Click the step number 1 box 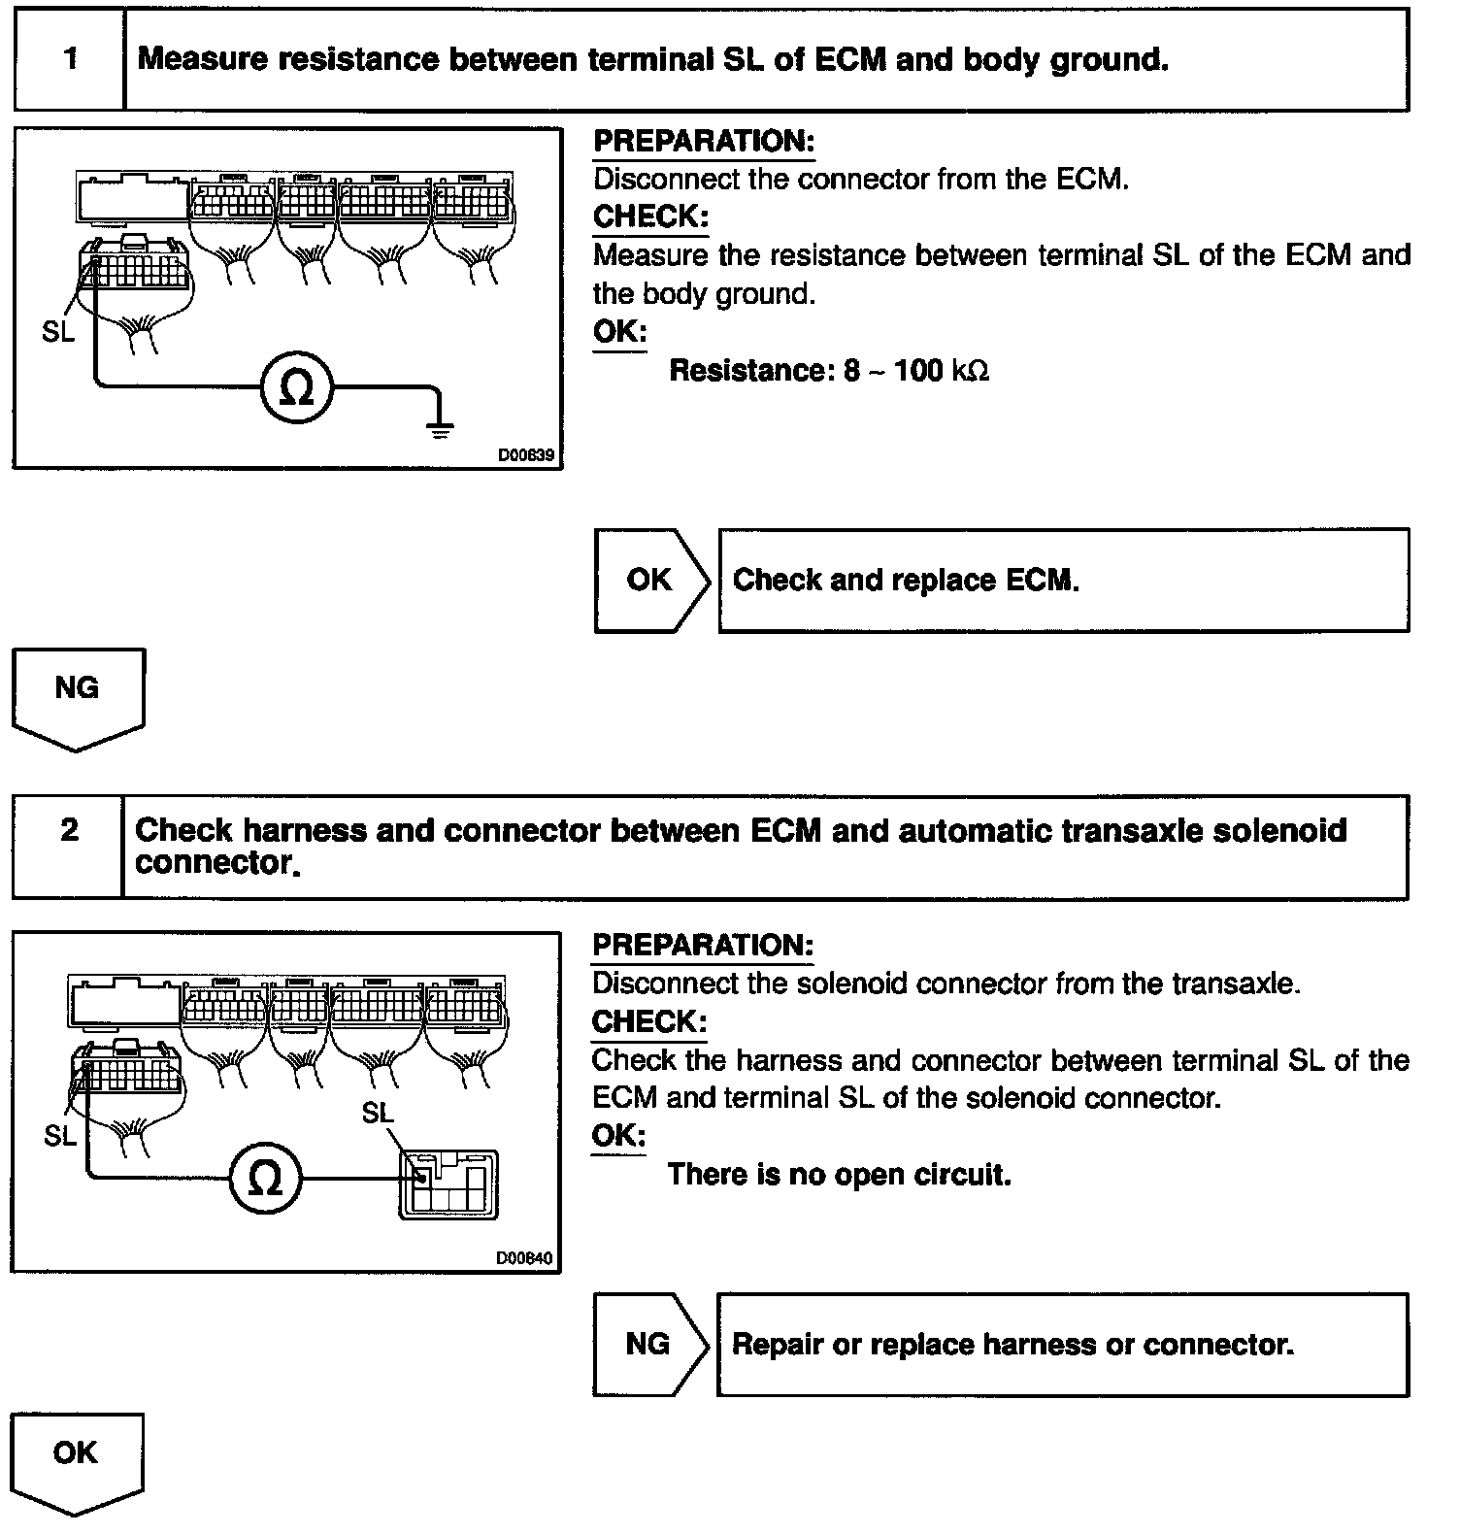coord(70,59)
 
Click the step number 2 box coord(68,832)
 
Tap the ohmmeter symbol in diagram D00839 coord(297,389)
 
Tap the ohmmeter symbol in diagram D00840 coord(266,1180)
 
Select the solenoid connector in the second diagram coord(448,1184)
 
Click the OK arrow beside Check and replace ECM coord(651,581)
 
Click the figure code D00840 coord(524,1258)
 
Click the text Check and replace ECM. coord(906,581)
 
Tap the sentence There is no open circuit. coord(839,1175)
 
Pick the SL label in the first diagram coord(58,332)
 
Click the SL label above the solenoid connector coord(378,1113)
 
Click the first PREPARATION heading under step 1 coord(704,142)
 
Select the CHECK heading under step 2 coord(648,1022)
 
